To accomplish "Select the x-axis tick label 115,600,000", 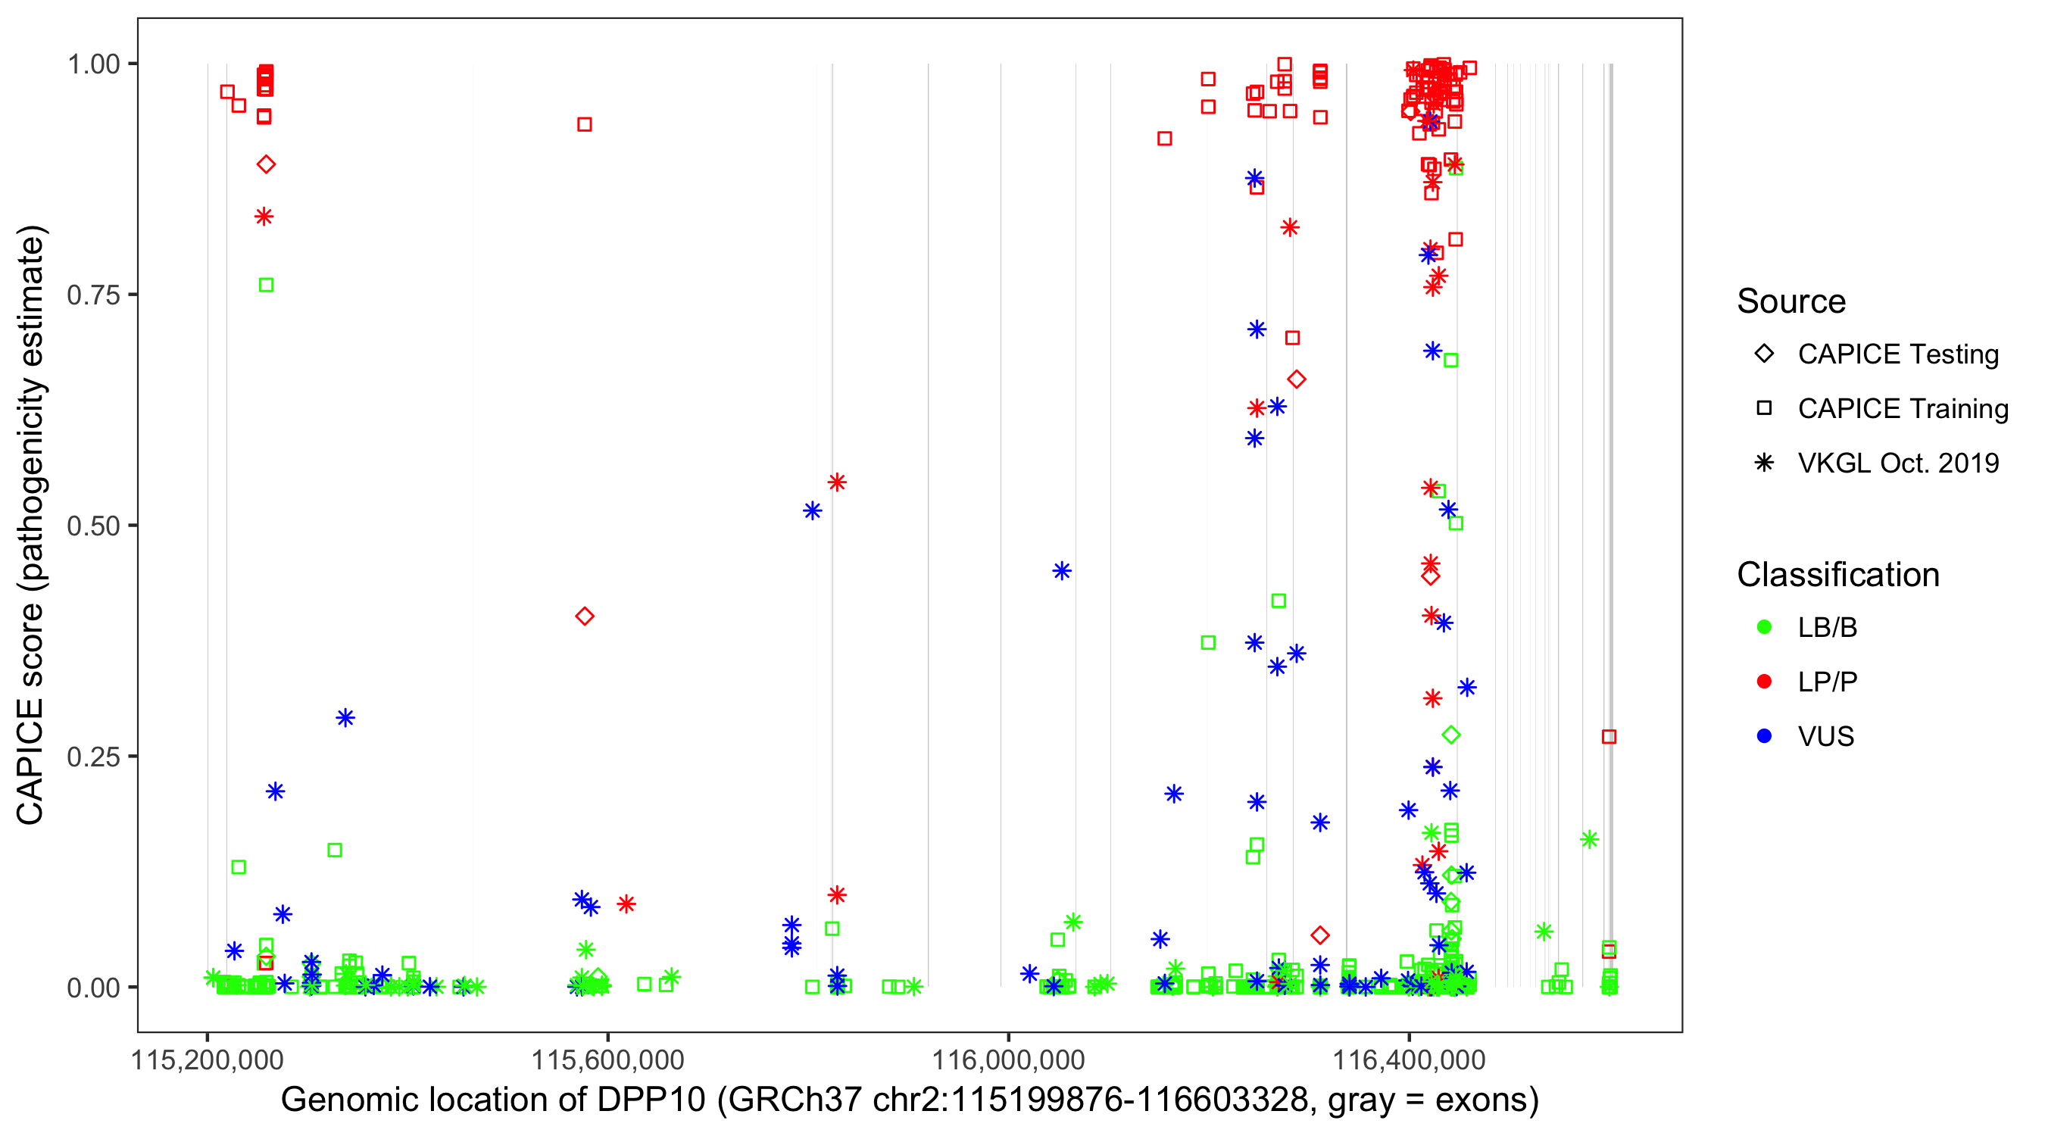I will pyautogui.click(x=607, y=1060).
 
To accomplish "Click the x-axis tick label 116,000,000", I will pyautogui.click(x=1008, y=1060).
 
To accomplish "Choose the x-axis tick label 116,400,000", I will pyautogui.click(x=1409, y=1060).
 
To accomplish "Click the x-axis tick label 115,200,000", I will pyautogui.click(x=208, y=1060).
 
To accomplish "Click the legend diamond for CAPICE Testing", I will pyautogui.click(x=1765, y=354).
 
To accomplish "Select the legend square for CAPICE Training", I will pyautogui.click(x=1765, y=408).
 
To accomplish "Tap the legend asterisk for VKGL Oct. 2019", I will pyautogui.click(x=1765, y=463).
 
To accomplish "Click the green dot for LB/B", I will pyautogui.click(x=1765, y=627).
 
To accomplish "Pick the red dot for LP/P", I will pyautogui.click(x=1765, y=682).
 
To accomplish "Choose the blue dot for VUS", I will pyautogui.click(x=1765, y=736).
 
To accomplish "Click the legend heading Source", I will pyautogui.click(x=1791, y=301).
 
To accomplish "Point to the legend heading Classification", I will pyautogui.click(x=1837, y=575).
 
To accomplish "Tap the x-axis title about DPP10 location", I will pyautogui.click(x=910, y=1100).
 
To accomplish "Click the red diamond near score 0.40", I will pyautogui.click(x=585, y=616).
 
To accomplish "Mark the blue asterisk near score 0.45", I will pyautogui.click(x=1062, y=571).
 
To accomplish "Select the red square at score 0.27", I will pyautogui.click(x=1609, y=737).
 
